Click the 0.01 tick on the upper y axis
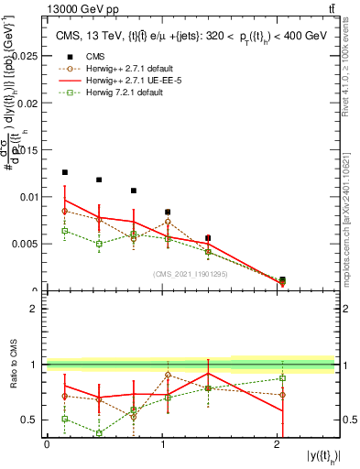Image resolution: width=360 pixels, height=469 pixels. (x=28, y=197)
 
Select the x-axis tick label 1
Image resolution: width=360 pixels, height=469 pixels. (x=162, y=444)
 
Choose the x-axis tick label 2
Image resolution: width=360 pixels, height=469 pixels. (x=278, y=444)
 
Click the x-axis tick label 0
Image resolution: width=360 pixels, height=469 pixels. (x=47, y=444)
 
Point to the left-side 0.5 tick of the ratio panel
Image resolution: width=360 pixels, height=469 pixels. (x=30, y=420)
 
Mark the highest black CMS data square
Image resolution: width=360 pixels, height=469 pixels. (x=65, y=172)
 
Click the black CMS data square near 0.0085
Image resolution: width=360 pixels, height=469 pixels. (x=168, y=212)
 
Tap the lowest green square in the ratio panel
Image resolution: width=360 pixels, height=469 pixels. (x=99, y=433)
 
